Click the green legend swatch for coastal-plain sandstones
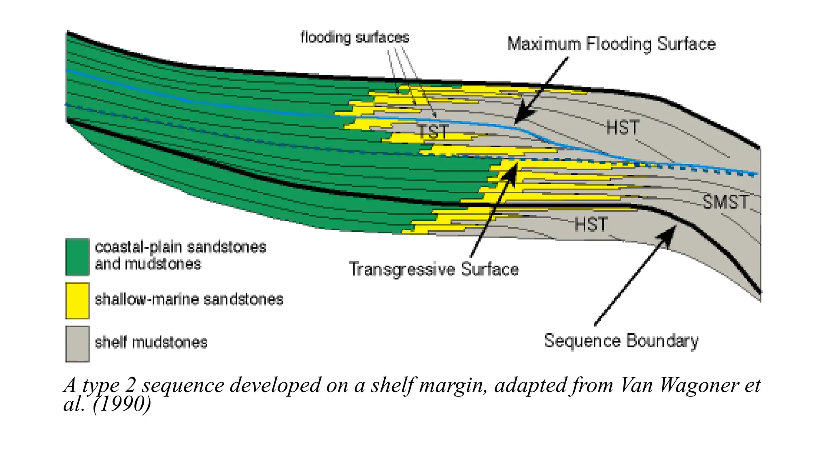click(x=77, y=257)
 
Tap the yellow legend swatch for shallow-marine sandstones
click(x=77, y=301)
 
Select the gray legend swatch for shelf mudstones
click(x=77, y=344)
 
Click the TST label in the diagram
click(x=433, y=132)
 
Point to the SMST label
click(x=725, y=202)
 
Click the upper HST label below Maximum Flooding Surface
click(x=623, y=128)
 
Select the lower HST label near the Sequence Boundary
click(x=591, y=224)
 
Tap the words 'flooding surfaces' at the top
click(x=355, y=38)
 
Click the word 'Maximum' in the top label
click(x=544, y=44)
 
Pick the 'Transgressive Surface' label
click(x=434, y=269)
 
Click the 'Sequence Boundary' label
click(x=621, y=341)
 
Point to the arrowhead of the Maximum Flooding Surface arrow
click(x=518, y=119)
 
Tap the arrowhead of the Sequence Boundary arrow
click(x=671, y=232)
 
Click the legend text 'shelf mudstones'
click(x=151, y=343)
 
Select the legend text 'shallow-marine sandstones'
click(x=189, y=300)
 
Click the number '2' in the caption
click(x=130, y=385)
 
